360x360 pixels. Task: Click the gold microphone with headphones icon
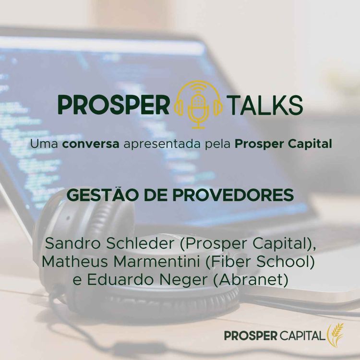pyautogui.click(x=198, y=104)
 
